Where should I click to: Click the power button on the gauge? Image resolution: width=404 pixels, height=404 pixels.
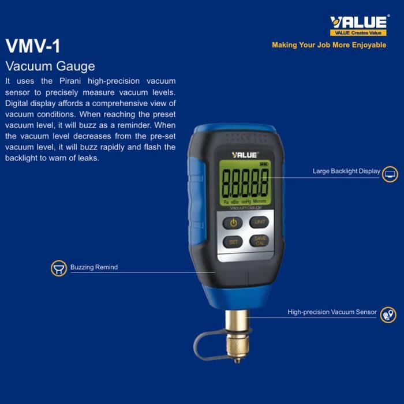[233, 222]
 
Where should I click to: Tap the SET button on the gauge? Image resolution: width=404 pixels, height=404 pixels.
[233, 242]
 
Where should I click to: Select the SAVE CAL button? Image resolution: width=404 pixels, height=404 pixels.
[260, 241]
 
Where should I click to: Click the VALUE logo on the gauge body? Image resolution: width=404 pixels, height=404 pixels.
[245, 155]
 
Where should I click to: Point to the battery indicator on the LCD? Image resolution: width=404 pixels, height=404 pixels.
[265, 164]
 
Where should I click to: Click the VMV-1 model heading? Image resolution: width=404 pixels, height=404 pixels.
[32, 46]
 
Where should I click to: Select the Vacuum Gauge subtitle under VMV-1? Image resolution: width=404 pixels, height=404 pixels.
[50, 66]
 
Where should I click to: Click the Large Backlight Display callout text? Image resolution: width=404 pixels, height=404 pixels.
[346, 171]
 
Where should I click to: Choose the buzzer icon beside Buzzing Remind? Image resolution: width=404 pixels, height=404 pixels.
[58, 268]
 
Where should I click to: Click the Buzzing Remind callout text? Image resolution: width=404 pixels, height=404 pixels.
[94, 267]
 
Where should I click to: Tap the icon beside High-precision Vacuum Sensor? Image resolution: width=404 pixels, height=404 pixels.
[388, 315]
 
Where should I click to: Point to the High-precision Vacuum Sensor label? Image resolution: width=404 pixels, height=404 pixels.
[332, 312]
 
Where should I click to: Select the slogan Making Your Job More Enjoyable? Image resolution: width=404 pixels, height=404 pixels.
[329, 45]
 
